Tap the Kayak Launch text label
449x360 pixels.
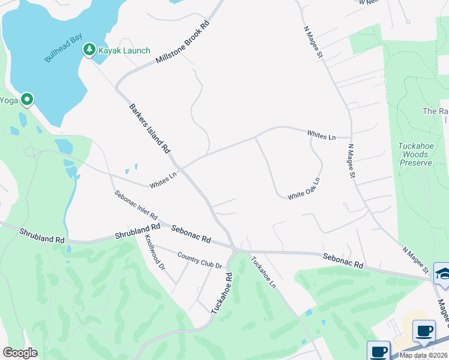124,50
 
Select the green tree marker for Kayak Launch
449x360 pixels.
89,49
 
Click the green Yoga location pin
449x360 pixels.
26,100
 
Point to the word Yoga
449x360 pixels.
8,100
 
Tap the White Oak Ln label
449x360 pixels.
303,188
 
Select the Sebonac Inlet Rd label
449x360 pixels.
136,205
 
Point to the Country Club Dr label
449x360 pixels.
200,260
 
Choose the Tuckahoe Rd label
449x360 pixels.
221,292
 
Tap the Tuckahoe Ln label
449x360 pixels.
264,271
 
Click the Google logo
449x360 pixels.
20,353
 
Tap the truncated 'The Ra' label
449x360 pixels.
436,111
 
